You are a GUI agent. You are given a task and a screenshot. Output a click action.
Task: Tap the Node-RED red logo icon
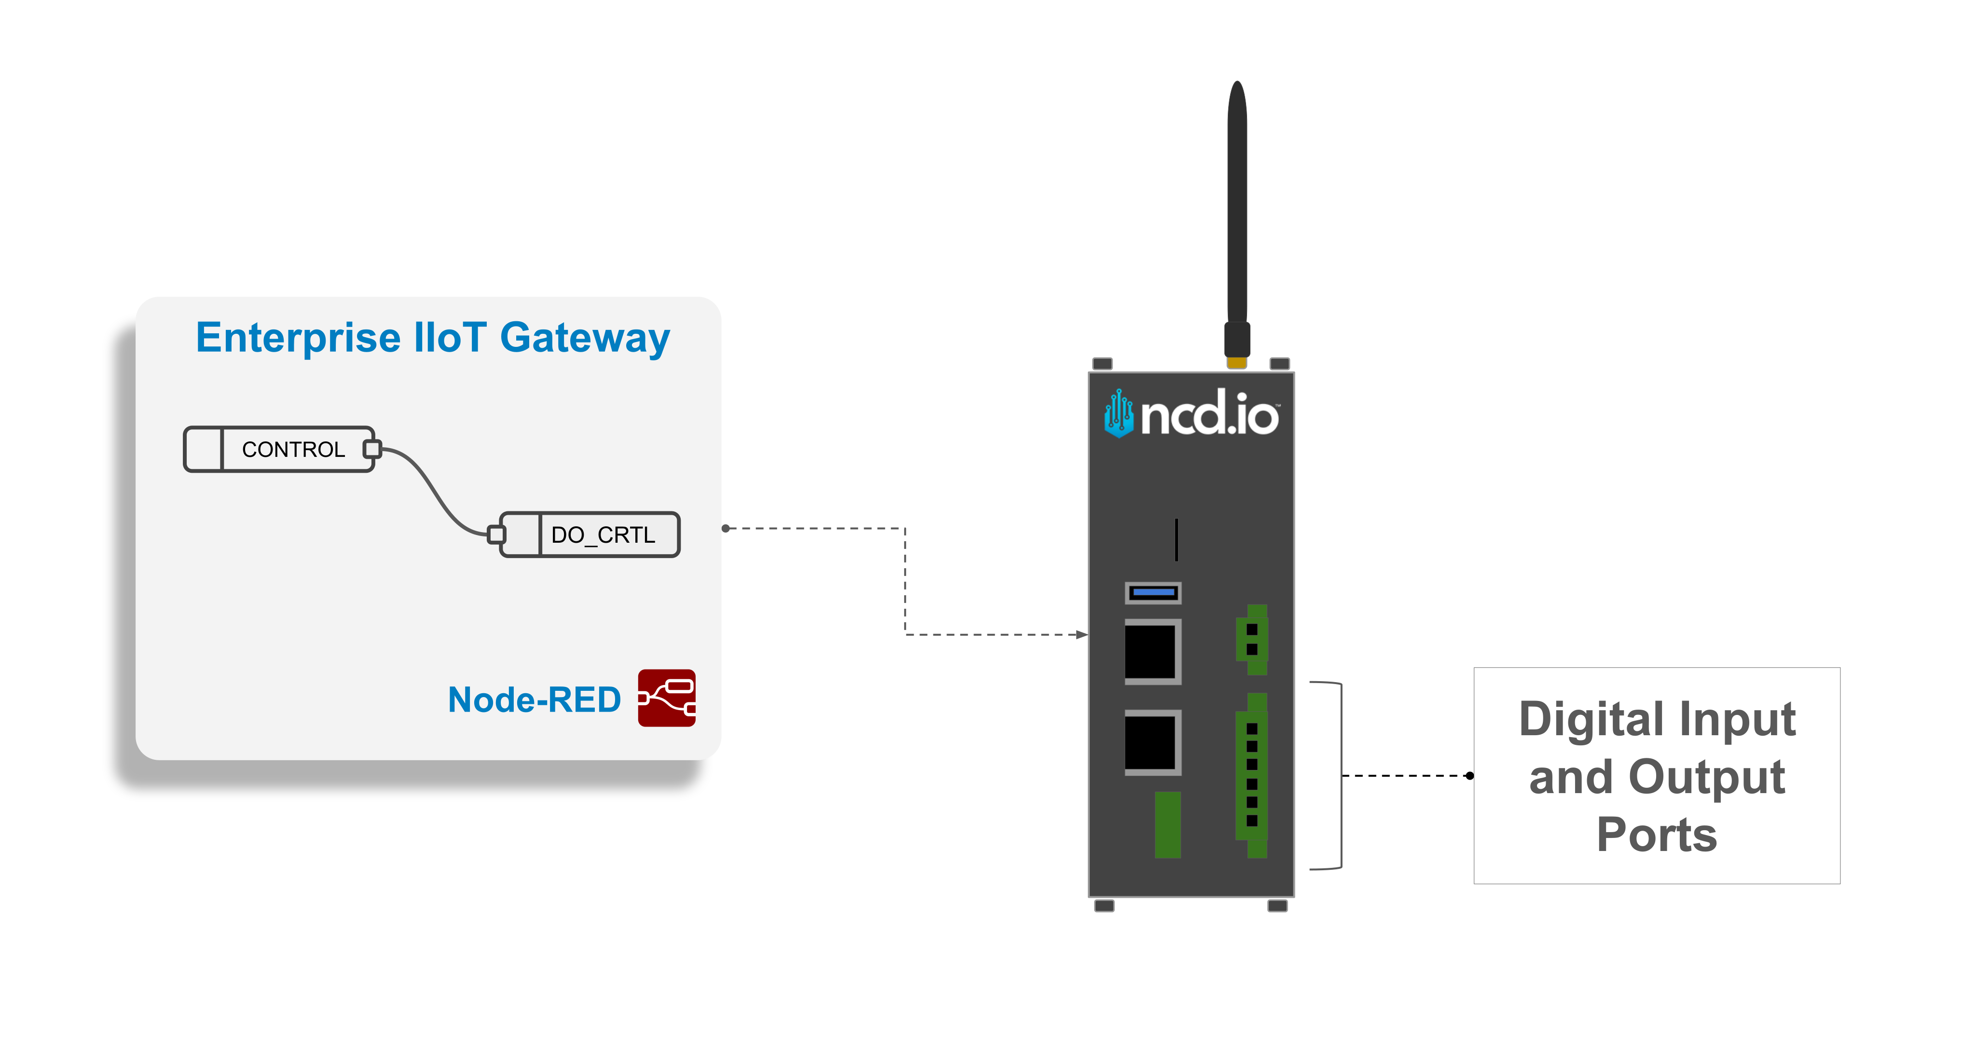pyautogui.click(x=667, y=698)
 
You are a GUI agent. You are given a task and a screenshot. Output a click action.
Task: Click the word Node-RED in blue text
pyautogui.click(x=534, y=700)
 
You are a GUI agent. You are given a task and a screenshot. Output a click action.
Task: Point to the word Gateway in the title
pyautogui.click(x=585, y=338)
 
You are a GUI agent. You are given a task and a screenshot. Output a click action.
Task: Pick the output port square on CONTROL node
pyautogui.click(x=372, y=449)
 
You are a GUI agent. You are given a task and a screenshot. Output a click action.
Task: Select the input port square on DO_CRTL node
pyautogui.click(x=496, y=534)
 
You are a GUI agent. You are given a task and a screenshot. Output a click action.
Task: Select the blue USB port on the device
pyautogui.click(x=1153, y=592)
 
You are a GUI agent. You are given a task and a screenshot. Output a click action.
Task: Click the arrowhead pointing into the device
pyautogui.click(x=1082, y=634)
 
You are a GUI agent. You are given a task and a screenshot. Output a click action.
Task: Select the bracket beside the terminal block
pyautogui.click(x=1339, y=775)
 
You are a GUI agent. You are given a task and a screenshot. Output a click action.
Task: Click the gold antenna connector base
pyautogui.click(x=1236, y=362)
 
